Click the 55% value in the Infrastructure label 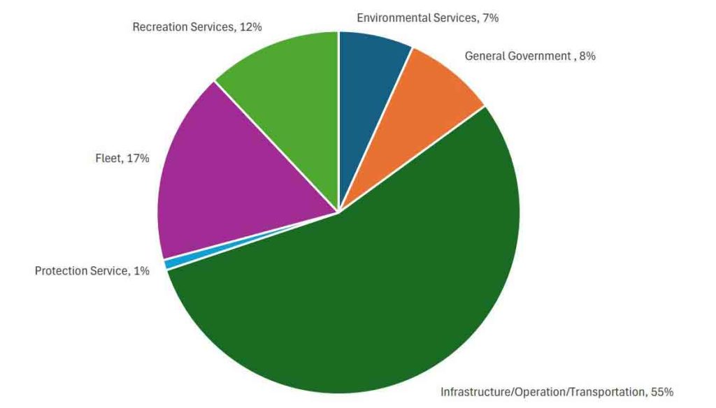661,392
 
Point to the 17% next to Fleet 139,159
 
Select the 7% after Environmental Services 490,18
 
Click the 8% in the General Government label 587,56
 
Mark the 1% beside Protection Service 141,270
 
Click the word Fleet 108,159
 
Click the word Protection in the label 61,270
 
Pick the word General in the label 485,56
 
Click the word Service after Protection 108,270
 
